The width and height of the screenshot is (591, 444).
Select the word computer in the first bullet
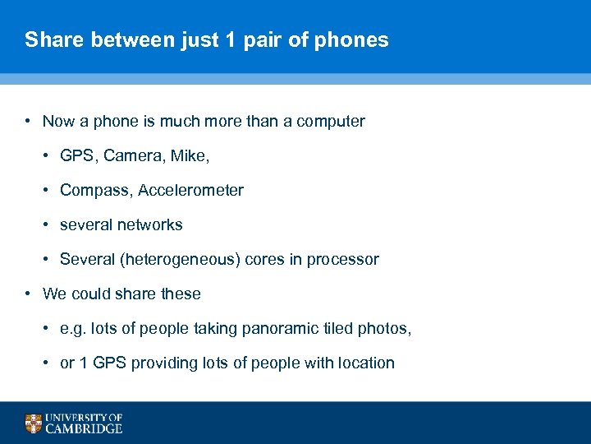330,121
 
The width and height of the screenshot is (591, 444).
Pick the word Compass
95,190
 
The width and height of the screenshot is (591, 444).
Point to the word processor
345,259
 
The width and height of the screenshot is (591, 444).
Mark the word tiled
337,328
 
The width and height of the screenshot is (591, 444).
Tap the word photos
384,328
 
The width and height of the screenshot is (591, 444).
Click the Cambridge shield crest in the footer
33,423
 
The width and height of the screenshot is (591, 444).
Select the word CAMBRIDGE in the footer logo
85,428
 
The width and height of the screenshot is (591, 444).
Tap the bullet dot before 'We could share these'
29,294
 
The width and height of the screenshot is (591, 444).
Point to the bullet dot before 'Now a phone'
29,121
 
